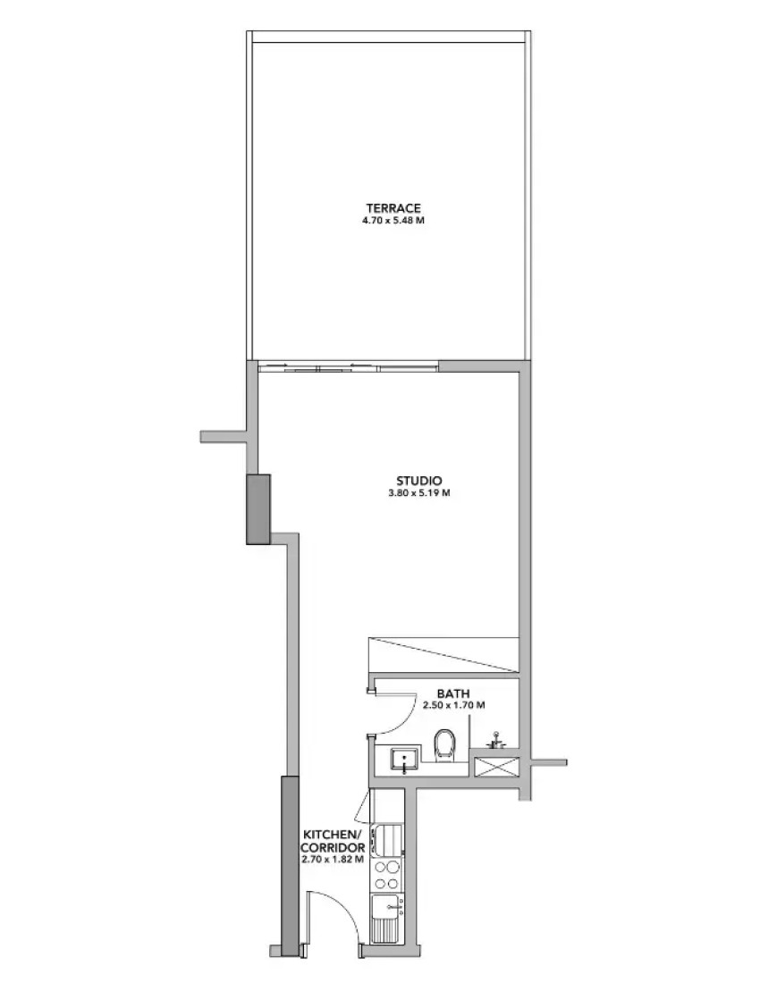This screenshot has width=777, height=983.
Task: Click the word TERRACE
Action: coord(393,208)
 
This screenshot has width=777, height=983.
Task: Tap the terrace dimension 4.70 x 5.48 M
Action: coord(393,221)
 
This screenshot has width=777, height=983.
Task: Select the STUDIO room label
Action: coord(419,481)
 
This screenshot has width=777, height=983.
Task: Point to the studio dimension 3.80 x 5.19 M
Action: coord(419,492)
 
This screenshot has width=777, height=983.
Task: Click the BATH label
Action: coord(453,693)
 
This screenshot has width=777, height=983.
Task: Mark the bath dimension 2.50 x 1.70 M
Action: coord(453,705)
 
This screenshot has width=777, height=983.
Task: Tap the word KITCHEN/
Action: coord(333,835)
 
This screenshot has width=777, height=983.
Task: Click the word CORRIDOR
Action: coord(333,847)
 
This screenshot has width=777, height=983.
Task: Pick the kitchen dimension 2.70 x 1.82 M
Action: coord(333,859)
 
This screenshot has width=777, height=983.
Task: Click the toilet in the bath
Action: coord(444,744)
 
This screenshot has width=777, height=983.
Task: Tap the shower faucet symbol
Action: coord(496,740)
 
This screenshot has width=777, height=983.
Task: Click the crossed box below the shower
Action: coord(496,768)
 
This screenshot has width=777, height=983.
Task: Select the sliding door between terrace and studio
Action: coord(348,368)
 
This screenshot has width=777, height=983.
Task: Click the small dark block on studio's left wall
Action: coord(258,509)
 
